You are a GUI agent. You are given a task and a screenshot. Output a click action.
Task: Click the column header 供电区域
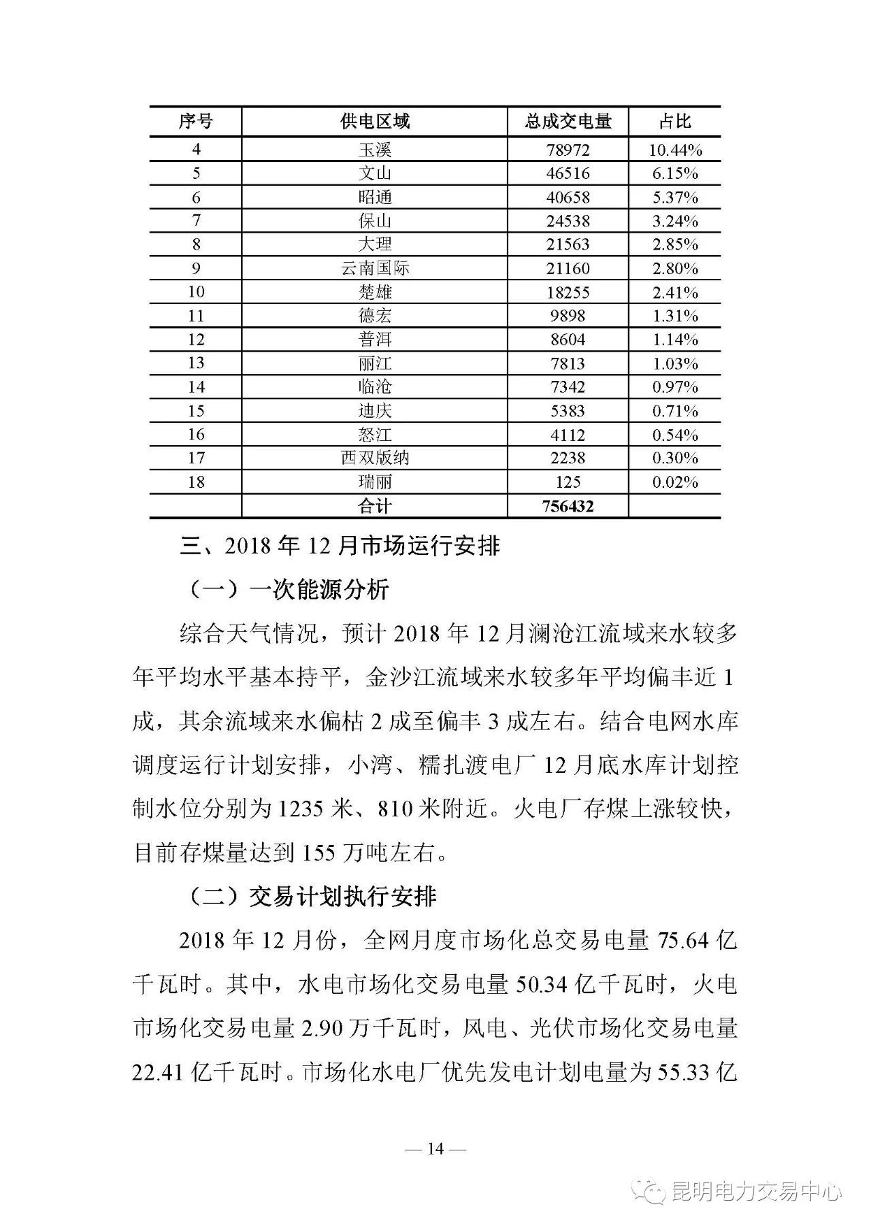pos(374,122)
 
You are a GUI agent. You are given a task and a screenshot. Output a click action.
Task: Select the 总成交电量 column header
pos(568,122)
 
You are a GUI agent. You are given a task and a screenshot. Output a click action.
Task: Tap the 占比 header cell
pos(674,122)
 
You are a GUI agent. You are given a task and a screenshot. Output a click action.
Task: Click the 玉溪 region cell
pos(374,150)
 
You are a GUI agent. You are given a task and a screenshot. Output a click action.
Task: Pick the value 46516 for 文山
pos(568,173)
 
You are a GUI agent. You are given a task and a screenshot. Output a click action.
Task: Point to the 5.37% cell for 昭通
pos(674,197)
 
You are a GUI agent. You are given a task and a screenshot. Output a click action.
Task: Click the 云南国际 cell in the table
pos(374,268)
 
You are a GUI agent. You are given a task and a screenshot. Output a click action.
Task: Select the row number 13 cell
pos(196,363)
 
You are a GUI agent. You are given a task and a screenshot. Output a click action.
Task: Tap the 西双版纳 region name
pos(374,458)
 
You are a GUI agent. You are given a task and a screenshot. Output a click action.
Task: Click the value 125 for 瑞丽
pos(568,482)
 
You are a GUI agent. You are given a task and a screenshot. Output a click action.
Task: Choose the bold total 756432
pos(568,506)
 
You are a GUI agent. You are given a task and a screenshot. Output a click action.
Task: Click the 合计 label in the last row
pos(374,506)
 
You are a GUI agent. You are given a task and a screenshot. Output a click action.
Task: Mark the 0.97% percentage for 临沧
pos(674,387)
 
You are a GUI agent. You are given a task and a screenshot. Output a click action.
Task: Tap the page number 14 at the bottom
pos(435,1149)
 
